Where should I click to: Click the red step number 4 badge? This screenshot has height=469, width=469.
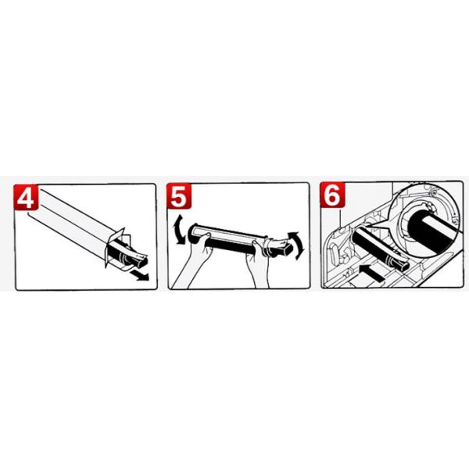[26, 197]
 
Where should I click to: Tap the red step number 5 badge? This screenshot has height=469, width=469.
[179, 196]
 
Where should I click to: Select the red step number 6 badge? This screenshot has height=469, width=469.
[332, 195]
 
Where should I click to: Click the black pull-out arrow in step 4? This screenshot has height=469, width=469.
[140, 276]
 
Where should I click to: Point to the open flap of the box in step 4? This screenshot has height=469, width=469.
[114, 245]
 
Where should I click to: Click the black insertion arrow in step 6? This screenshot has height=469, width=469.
[371, 273]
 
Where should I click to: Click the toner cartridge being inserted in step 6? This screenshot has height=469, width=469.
[380, 248]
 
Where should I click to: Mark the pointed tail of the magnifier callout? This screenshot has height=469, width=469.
[367, 227]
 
